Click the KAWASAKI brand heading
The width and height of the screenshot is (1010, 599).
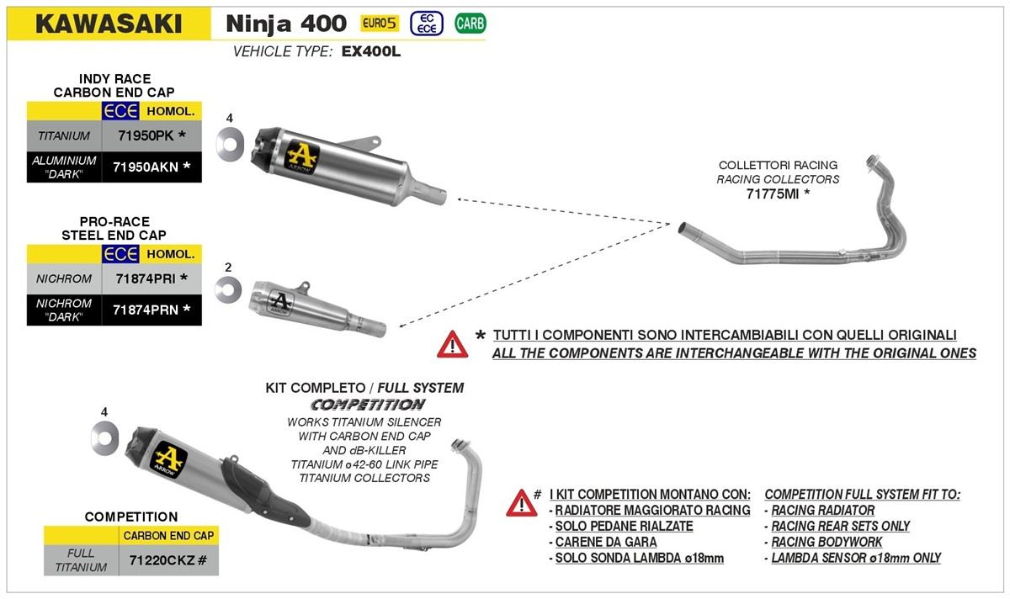click(x=109, y=23)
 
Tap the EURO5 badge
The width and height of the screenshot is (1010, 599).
click(x=380, y=24)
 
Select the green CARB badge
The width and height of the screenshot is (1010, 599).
click(x=470, y=24)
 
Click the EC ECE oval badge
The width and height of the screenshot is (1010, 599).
click(x=427, y=24)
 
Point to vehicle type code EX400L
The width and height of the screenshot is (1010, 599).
click(x=372, y=51)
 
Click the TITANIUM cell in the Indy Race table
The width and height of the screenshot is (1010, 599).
click(x=64, y=134)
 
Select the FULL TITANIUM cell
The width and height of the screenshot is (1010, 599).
click(x=81, y=559)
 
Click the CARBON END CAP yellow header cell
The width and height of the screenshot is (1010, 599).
click(x=168, y=535)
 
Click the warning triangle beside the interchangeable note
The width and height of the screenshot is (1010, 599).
click(x=452, y=344)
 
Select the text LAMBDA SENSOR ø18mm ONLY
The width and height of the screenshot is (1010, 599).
click(x=856, y=558)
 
